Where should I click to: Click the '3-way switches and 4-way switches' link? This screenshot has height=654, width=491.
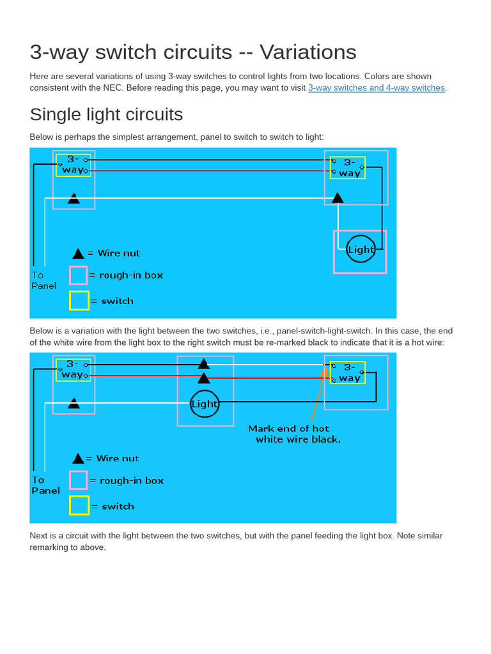[x=376, y=88]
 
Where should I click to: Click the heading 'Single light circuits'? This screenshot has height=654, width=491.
[x=106, y=114]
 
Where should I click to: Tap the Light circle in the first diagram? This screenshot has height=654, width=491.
[x=361, y=249]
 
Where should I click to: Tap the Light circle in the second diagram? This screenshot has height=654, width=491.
[x=205, y=404]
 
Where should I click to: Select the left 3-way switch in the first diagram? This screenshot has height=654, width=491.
[x=73, y=165]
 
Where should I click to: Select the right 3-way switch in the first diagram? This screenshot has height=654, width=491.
[x=348, y=167]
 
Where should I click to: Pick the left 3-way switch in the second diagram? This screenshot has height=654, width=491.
[x=73, y=370]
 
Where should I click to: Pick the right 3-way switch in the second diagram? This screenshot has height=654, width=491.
[x=348, y=372]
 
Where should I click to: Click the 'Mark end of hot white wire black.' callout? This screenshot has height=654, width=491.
[x=294, y=434]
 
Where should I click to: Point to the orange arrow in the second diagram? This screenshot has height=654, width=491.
[x=318, y=396]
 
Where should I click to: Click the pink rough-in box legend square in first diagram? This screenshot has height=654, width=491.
[x=78, y=275]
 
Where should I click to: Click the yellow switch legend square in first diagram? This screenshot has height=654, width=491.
[x=79, y=301]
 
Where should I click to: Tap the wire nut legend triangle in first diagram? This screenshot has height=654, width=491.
[x=78, y=254]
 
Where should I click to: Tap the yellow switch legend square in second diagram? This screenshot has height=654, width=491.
[x=79, y=506]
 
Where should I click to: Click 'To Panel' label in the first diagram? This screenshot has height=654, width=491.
[x=43, y=280]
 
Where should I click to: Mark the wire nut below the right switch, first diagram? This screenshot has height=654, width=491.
[x=338, y=198]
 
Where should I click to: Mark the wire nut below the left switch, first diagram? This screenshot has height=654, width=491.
[x=74, y=199]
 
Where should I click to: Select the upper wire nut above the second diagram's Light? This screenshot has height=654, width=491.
[x=203, y=363]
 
